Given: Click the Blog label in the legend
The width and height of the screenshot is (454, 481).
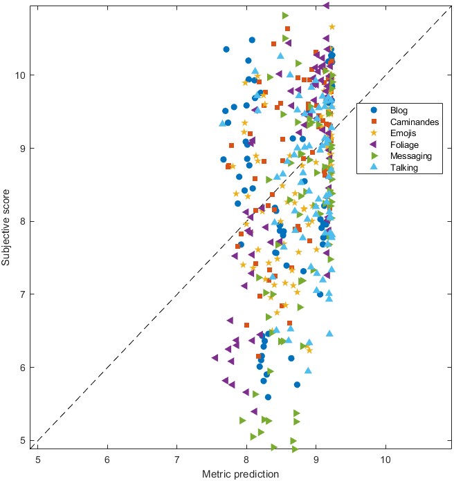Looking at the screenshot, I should click(x=399, y=110).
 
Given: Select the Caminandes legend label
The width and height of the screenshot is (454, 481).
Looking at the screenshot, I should click(x=414, y=122).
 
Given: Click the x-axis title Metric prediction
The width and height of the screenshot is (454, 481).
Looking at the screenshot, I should click(x=240, y=474).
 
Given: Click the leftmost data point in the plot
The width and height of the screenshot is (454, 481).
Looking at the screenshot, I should click(x=215, y=358).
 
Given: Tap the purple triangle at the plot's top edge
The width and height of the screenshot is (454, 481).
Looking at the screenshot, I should click(x=326, y=6).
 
